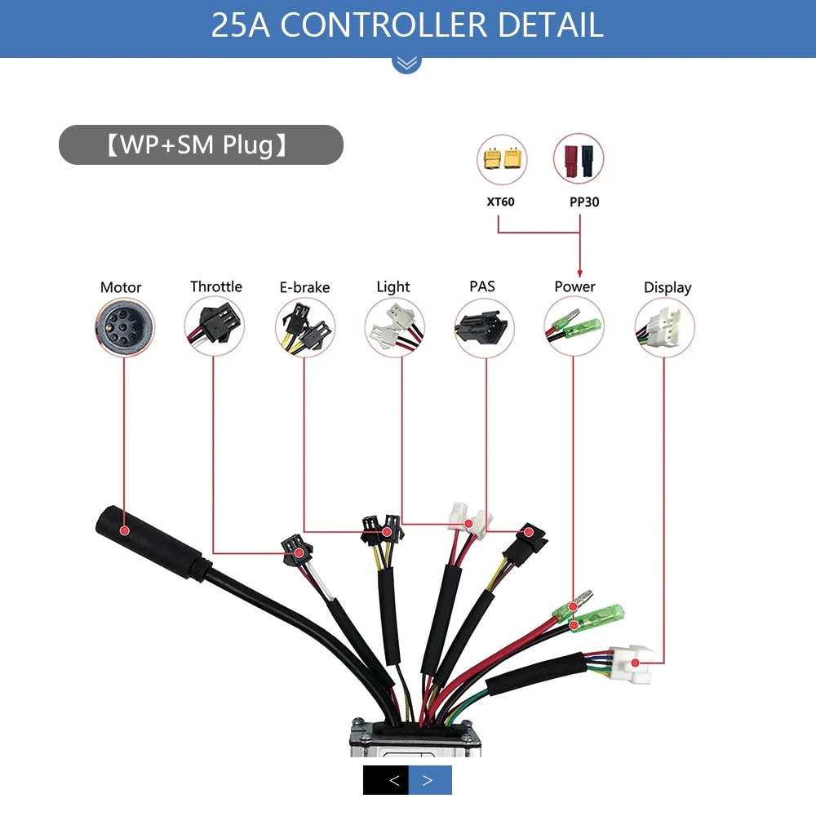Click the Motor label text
tap(121, 287)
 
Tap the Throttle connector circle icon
tap(215, 326)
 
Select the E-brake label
tap(304, 287)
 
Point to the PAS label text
tap(481, 286)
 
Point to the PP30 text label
tap(584, 202)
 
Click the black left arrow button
tap(386, 780)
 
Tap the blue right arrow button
tap(430, 780)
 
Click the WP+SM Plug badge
tap(201, 145)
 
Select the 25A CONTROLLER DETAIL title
tap(407, 25)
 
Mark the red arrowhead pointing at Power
tap(579, 273)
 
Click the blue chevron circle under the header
tap(407, 62)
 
